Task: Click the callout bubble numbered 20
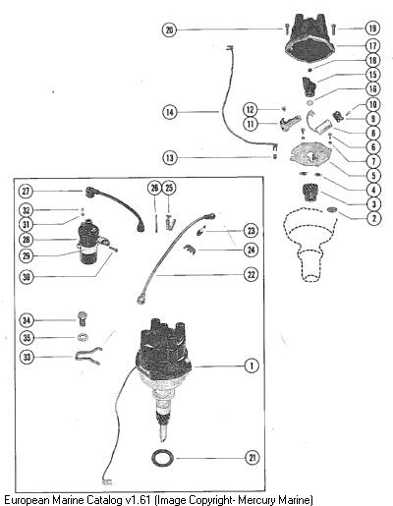(x=169, y=29)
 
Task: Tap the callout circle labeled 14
(x=170, y=112)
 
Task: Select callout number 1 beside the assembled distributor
(x=252, y=365)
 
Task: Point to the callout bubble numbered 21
(x=253, y=458)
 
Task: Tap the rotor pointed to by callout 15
(x=309, y=86)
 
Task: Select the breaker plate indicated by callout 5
(x=310, y=154)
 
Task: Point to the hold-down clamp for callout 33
(x=88, y=356)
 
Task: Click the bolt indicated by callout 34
(x=84, y=318)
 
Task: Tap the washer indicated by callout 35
(x=84, y=337)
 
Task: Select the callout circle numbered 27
(x=26, y=191)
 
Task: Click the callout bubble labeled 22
(x=251, y=274)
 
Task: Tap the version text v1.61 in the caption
(x=138, y=500)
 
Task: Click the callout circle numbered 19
(x=372, y=28)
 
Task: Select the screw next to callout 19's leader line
(x=333, y=29)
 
